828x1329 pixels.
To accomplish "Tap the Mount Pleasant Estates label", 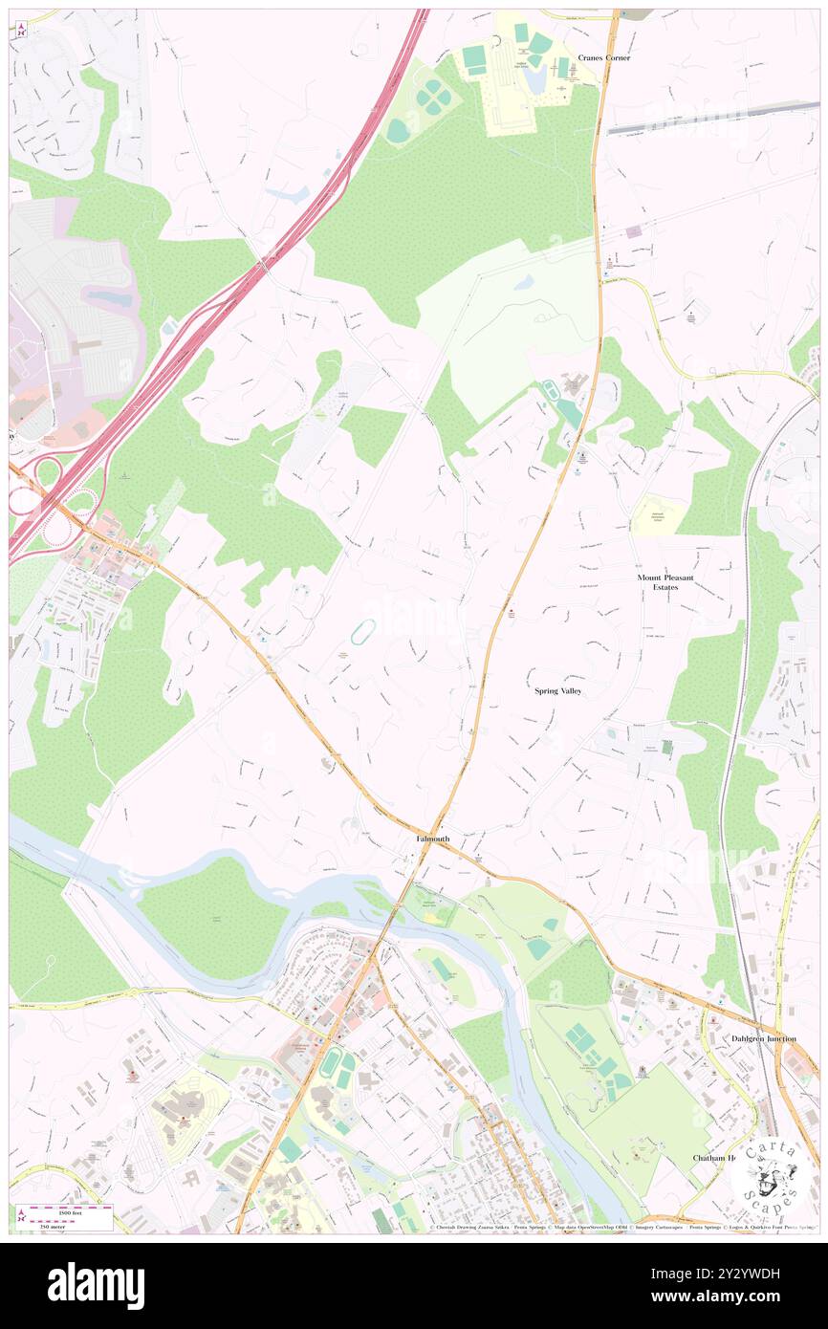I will (658, 582).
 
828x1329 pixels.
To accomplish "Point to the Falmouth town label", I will (432, 839).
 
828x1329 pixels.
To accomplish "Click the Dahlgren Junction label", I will (763, 1037).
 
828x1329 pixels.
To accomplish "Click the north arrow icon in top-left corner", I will (21, 28).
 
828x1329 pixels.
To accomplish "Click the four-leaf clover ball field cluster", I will (434, 97).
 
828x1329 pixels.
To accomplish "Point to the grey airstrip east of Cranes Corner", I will (712, 120).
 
